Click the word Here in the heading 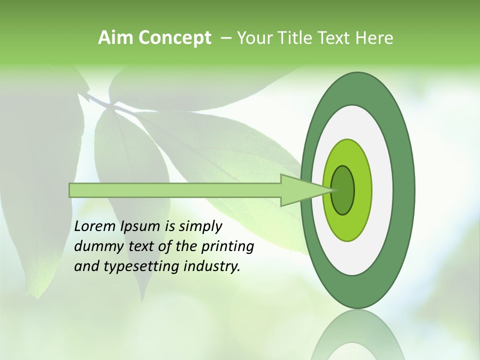click(374, 38)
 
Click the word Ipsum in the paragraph click(140, 226)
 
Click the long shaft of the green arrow click(175, 190)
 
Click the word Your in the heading click(255, 38)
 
